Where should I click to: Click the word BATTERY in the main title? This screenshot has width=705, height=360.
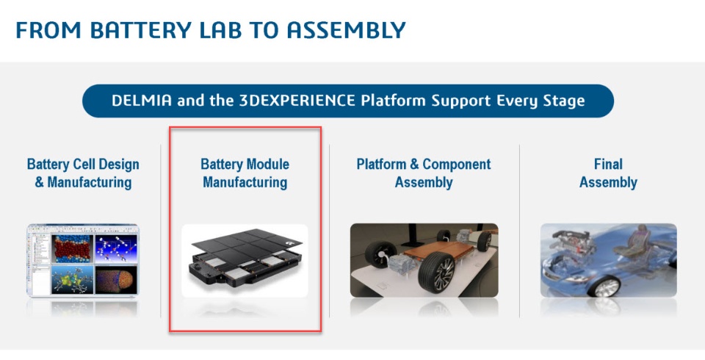click(x=141, y=30)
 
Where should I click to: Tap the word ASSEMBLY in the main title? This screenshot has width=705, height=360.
click(x=346, y=30)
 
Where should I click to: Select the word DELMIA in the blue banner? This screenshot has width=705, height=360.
click(x=142, y=101)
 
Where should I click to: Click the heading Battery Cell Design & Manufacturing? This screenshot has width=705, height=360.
click(x=83, y=173)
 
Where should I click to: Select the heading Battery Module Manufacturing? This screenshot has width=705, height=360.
click(x=245, y=173)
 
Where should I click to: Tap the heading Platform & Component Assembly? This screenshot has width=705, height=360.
click(x=424, y=173)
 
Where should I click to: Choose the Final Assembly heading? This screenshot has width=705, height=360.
click(x=608, y=173)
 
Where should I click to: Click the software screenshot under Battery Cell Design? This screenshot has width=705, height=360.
click(x=83, y=260)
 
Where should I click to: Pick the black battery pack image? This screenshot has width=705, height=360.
click(x=245, y=261)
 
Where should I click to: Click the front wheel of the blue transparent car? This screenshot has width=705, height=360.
click(x=605, y=287)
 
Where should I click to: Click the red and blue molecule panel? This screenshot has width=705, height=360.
click(x=73, y=249)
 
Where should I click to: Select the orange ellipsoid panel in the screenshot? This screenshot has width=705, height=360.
click(x=116, y=279)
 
